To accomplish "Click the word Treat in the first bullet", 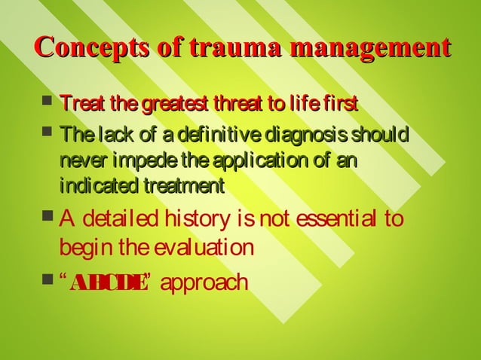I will pyautogui.click(x=78, y=102).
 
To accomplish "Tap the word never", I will pyautogui.click(x=82, y=161).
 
